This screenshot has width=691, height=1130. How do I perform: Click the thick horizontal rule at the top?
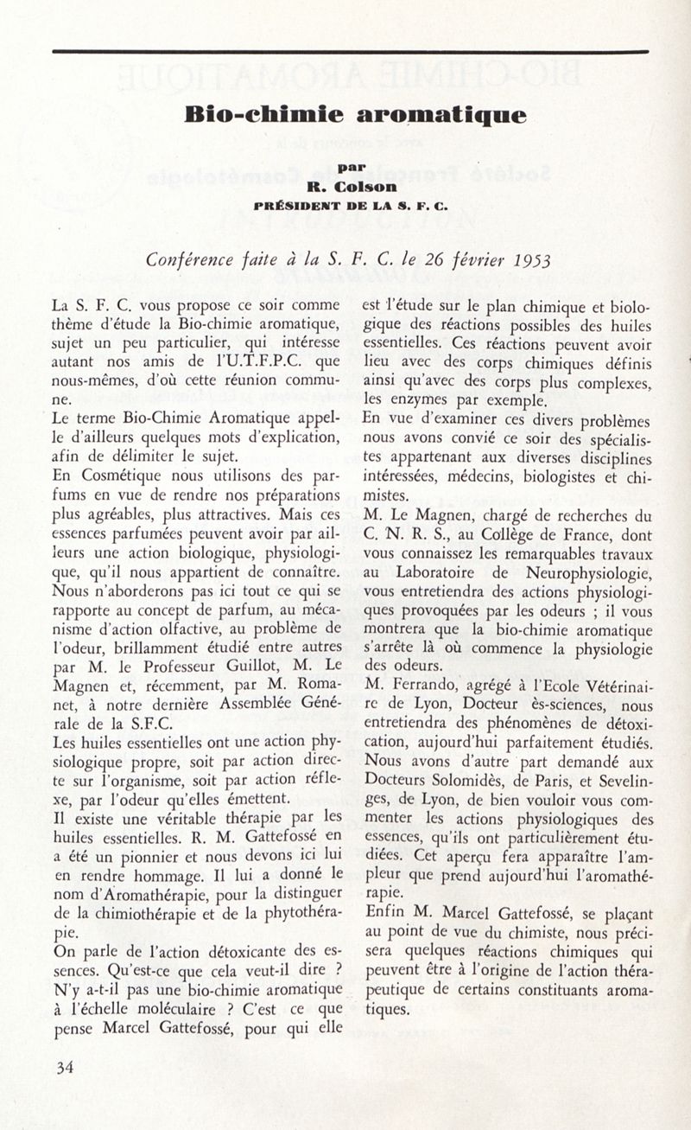(349, 52)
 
